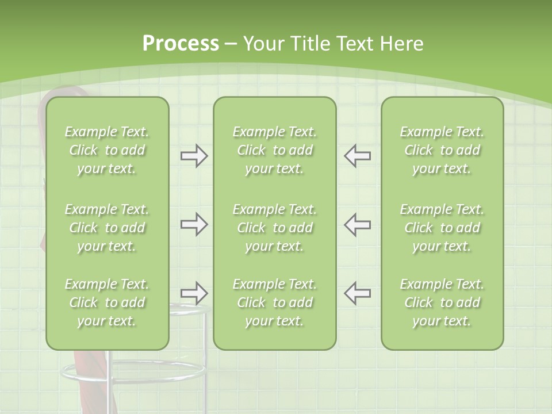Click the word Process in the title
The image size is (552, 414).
(x=181, y=44)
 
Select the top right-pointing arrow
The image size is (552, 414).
(x=194, y=156)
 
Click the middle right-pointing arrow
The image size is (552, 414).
(x=194, y=224)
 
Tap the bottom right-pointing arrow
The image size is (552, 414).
(x=194, y=293)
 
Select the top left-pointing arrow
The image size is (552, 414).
(x=357, y=156)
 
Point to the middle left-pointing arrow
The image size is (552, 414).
(x=357, y=224)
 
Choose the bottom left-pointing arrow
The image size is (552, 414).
(x=357, y=293)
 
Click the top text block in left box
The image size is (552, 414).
(x=107, y=150)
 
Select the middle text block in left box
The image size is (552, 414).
(x=107, y=228)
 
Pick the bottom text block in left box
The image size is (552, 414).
(x=107, y=302)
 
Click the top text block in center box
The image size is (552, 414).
(x=274, y=150)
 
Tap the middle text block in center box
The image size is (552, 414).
(x=274, y=228)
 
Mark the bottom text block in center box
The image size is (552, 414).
(x=274, y=302)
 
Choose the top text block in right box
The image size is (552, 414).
(x=442, y=150)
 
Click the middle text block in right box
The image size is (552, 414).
(x=442, y=228)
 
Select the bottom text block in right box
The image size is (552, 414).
(x=442, y=302)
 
